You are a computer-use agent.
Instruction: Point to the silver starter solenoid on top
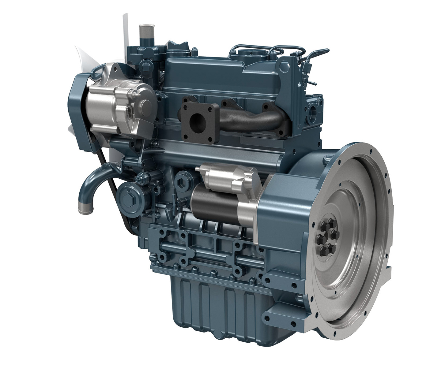(x=228, y=177)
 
